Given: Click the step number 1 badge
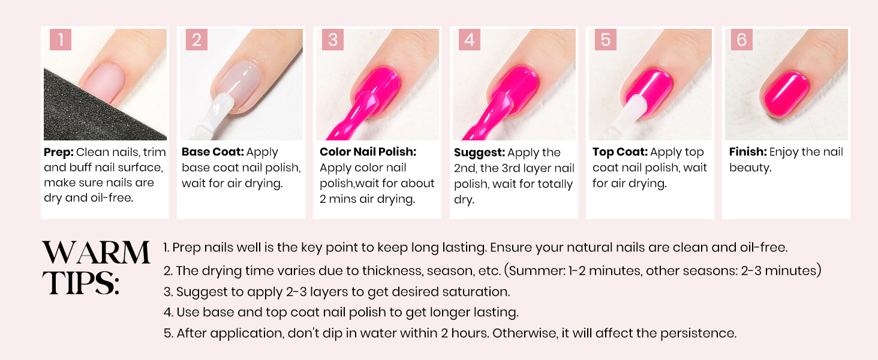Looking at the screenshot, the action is [61, 40].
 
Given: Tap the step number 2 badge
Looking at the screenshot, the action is [196, 40].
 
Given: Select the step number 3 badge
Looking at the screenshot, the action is [333, 40].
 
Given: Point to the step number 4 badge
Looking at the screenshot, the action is [469, 40].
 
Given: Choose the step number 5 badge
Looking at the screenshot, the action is [606, 40].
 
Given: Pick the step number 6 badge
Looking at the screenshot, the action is [742, 40].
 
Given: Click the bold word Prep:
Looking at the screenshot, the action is [59, 152].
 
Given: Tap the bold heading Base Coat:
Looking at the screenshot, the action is [212, 152].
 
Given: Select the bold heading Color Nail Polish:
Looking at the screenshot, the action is [368, 152].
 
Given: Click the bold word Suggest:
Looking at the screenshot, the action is [479, 153].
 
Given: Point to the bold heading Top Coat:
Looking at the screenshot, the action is [620, 152].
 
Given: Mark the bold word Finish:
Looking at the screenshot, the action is [748, 152].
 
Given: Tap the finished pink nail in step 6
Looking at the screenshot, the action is [786, 94].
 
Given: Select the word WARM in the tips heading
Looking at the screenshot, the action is [96, 253].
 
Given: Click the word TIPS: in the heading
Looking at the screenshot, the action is [81, 283].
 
